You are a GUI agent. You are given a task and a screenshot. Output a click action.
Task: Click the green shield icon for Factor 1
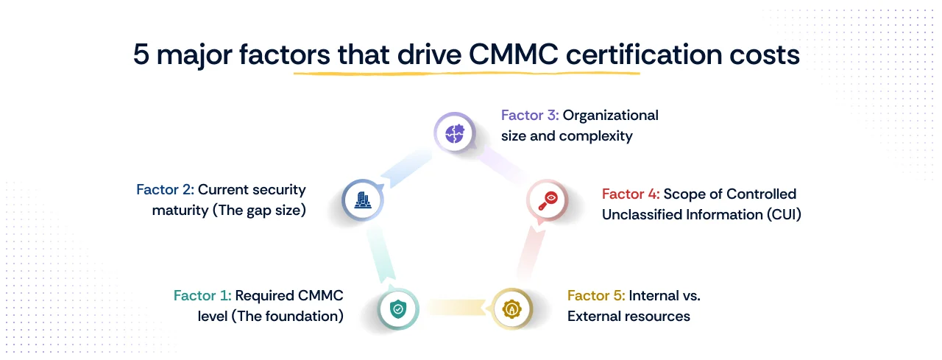[398, 308]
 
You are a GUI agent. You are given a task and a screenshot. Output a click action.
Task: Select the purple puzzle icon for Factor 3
[450, 133]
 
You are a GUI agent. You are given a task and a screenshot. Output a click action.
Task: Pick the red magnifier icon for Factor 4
[547, 200]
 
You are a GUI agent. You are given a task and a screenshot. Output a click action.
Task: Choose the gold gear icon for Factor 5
[510, 308]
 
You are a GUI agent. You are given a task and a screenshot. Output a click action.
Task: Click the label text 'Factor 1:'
[202, 296]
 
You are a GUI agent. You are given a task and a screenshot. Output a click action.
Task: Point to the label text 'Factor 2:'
[165, 190]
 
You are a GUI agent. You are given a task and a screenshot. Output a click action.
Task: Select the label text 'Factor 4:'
[631, 194]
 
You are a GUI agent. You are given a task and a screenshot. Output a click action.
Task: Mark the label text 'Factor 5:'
[596, 296]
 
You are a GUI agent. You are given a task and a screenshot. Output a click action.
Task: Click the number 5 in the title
[141, 55]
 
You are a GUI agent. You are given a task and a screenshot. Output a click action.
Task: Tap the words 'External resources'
[628, 317]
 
